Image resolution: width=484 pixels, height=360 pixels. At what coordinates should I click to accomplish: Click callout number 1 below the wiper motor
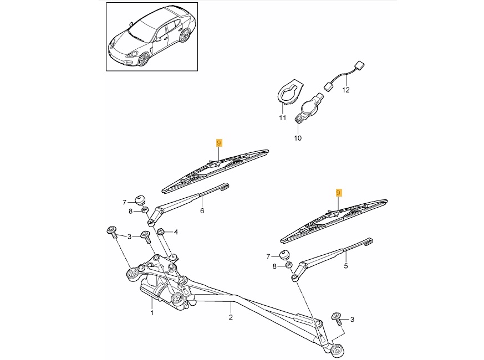[151, 313]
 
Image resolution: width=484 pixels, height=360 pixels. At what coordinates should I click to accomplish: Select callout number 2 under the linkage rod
[231, 317]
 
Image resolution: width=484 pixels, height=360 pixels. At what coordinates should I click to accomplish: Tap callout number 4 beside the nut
[176, 232]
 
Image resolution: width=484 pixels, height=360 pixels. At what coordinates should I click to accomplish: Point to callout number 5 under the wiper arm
[346, 266]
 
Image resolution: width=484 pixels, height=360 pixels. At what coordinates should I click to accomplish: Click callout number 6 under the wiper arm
[202, 211]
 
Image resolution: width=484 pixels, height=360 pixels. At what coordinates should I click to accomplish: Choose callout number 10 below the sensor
[298, 138]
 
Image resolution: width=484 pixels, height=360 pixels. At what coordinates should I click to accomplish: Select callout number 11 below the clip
[282, 118]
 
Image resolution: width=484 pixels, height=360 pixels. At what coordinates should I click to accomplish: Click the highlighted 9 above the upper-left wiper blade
[219, 143]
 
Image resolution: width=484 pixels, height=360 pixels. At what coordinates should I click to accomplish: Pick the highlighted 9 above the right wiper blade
[339, 193]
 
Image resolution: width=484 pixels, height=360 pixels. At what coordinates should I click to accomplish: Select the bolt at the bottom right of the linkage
[336, 317]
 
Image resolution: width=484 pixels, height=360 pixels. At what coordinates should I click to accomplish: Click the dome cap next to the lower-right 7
[284, 255]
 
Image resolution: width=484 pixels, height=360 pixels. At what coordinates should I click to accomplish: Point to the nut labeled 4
[161, 232]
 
